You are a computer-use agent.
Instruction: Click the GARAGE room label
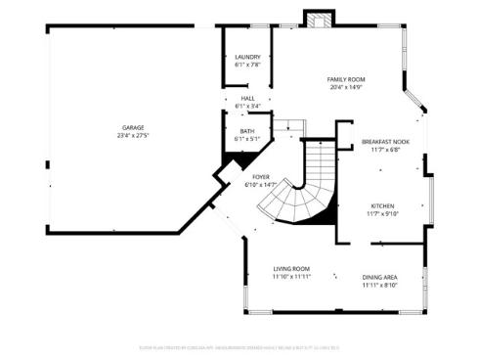point(133,127)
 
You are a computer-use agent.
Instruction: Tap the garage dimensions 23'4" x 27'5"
point(133,136)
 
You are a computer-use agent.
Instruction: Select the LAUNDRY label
point(247,57)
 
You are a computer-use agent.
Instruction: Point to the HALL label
point(247,98)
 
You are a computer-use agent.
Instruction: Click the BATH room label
point(247,130)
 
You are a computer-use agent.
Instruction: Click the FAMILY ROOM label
point(345,78)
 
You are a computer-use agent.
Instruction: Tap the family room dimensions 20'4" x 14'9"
point(345,87)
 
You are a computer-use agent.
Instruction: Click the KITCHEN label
point(382,205)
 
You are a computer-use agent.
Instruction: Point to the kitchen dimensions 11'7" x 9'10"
point(382,214)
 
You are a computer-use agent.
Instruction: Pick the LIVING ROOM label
point(291,268)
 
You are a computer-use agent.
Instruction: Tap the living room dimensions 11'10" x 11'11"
point(291,277)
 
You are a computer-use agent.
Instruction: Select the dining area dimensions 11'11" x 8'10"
point(379,285)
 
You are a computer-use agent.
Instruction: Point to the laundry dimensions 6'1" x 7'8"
point(247,66)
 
